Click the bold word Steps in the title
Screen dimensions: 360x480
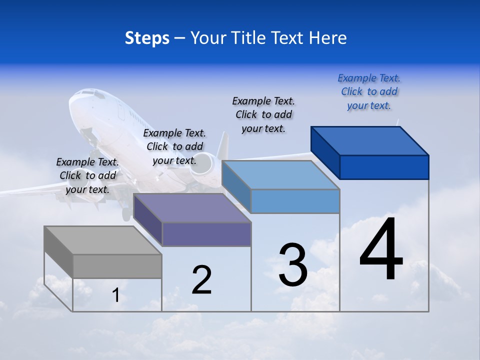tap(147, 38)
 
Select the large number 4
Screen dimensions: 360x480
tap(381, 250)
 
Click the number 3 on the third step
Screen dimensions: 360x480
tap(293, 265)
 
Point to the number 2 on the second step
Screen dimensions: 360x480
tap(202, 280)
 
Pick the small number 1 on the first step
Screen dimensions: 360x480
tap(116, 295)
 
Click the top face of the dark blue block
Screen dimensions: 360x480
tap(370, 140)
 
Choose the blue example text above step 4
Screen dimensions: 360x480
tap(369, 91)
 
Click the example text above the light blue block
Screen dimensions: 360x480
tap(263, 114)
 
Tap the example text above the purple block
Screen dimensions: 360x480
tap(174, 146)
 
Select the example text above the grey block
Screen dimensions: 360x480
tap(87, 175)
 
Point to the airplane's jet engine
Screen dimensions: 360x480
tap(203, 167)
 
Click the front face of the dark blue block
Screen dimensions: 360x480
tap(384, 167)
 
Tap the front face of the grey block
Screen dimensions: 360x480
tap(117, 266)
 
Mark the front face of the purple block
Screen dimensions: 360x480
tap(206, 234)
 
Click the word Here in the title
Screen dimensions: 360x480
tap(328, 38)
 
